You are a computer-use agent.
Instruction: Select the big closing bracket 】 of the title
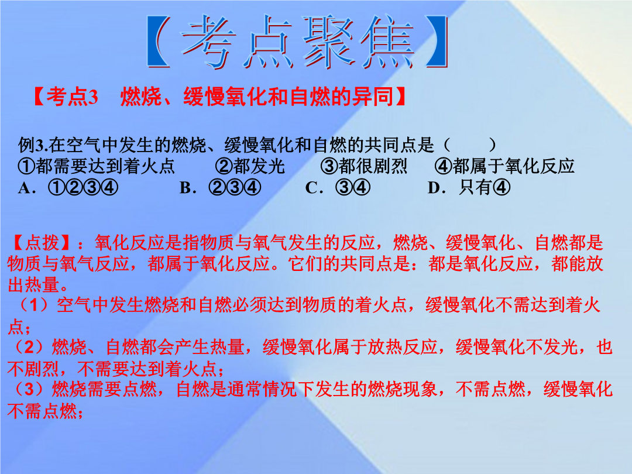coord(437,42)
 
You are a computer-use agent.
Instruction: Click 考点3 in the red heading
coord(73,97)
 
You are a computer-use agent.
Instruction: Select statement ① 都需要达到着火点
coord(97,166)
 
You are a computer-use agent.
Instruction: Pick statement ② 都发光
coord(249,166)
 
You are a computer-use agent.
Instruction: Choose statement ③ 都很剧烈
coord(363,166)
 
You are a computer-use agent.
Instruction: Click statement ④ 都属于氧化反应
coord(504,166)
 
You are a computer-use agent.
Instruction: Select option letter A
coord(24,188)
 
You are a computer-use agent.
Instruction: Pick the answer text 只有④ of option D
coord(485,187)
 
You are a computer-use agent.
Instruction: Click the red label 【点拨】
coord(40,243)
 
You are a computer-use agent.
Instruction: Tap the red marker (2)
coord(28,347)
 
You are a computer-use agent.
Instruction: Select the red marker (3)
coord(28,389)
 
